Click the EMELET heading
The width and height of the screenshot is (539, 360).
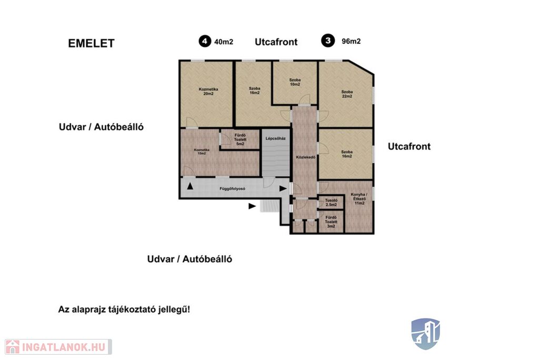click(91, 44)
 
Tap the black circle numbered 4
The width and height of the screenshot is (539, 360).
click(203, 41)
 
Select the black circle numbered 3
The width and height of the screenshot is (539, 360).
click(329, 41)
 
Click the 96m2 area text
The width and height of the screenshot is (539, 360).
click(351, 41)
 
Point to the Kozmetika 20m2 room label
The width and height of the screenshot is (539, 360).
click(208, 92)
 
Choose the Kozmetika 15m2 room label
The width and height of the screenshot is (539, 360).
click(201, 153)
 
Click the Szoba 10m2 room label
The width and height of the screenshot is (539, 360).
click(295, 82)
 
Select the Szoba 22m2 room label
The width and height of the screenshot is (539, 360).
click(347, 94)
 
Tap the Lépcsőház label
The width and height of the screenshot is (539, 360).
click(276, 139)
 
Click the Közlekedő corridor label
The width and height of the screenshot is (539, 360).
click(305, 157)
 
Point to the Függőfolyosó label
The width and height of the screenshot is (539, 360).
click(232, 188)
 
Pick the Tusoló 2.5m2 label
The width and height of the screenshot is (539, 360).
click(331, 202)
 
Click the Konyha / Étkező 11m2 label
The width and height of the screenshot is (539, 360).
click(360, 199)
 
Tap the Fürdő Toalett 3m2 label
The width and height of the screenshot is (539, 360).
click(331, 222)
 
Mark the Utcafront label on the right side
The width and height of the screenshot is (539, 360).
click(409, 146)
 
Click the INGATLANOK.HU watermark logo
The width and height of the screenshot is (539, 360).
click(58, 347)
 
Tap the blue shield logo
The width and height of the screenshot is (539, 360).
click(425, 333)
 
